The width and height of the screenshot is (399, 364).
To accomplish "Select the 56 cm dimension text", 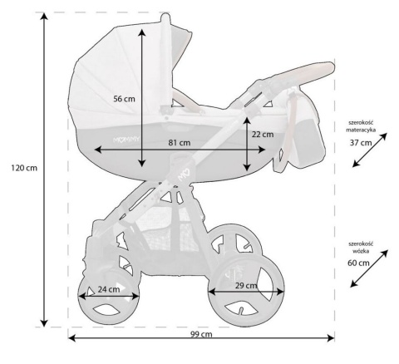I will (124, 99).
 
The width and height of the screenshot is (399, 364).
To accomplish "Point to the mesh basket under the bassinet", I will (166, 229).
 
